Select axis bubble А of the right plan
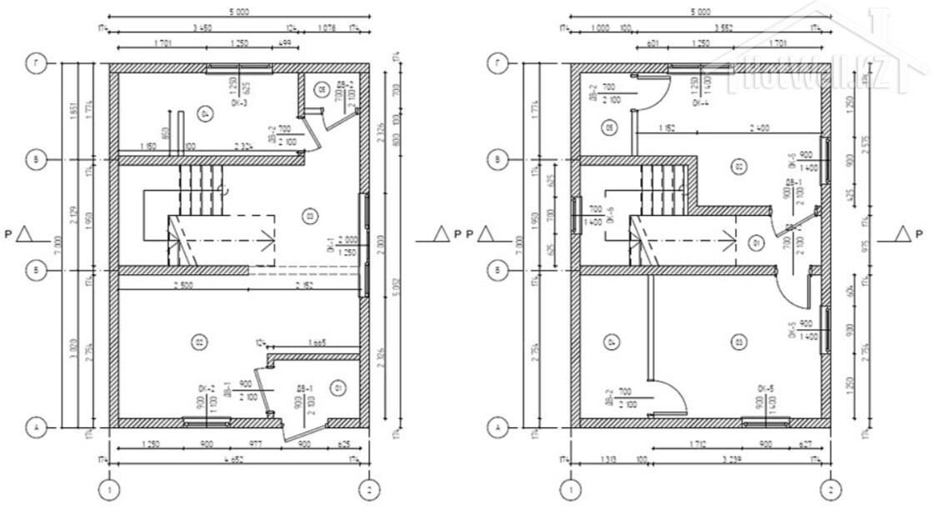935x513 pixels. click(497, 427)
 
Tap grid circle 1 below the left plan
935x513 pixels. click(108, 489)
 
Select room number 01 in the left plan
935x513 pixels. click(337, 387)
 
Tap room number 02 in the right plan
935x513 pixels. click(737, 167)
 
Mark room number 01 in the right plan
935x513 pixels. click(756, 244)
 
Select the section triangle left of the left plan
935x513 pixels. click(25, 233)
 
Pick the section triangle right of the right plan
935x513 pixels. click(902, 233)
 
